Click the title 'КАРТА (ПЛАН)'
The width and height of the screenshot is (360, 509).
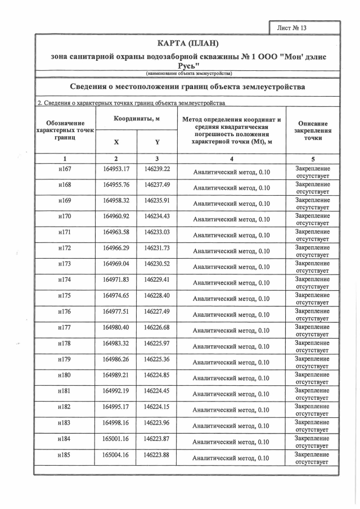click(x=188, y=44)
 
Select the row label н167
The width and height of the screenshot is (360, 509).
click(x=65, y=169)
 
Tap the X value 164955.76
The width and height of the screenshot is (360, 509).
click(x=116, y=184)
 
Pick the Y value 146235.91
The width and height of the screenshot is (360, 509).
click(x=157, y=200)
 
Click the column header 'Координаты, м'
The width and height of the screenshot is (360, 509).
click(x=137, y=119)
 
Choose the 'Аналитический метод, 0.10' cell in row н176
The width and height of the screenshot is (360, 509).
click(x=231, y=315)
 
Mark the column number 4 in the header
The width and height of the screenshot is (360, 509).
click(x=231, y=159)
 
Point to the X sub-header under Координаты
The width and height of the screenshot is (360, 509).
click(x=116, y=142)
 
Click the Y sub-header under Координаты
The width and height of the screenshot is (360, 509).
click(x=157, y=142)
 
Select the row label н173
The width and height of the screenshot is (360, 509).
click(x=65, y=264)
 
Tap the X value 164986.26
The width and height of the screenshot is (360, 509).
click(x=116, y=359)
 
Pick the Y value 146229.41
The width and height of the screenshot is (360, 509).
click(x=157, y=280)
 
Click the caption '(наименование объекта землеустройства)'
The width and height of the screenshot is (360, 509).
click(x=188, y=74)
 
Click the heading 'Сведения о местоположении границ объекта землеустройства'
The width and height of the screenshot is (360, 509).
click(x=188, y=87)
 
